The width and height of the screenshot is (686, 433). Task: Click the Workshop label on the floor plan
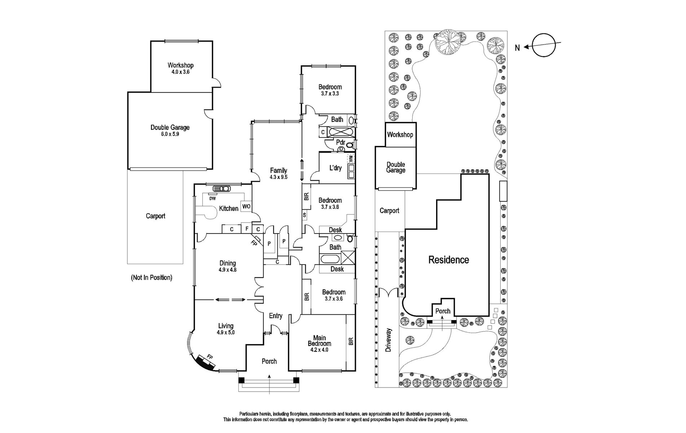coord(180,65)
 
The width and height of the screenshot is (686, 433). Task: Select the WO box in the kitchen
coord(246,206)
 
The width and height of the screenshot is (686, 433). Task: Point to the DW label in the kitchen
coord(212,198)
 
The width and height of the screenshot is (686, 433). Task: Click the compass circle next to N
coord(542,46)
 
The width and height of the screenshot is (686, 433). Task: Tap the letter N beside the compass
coord(517,48)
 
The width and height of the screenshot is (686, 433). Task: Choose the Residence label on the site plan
coord(449,260)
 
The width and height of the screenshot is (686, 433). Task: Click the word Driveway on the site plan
coord(388,340)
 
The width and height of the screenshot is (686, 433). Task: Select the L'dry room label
coord(335,168)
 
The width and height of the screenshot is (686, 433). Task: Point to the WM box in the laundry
coord(351,159)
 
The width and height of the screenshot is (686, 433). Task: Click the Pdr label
coord(340,143)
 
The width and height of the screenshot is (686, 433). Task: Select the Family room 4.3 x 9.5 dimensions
coord(278,177)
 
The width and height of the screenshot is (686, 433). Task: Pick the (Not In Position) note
coord(151,278)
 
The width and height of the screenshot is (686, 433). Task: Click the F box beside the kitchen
coord(247,229)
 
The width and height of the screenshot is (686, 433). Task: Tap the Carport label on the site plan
coord(390,211)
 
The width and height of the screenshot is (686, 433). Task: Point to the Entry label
coord(276,316)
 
